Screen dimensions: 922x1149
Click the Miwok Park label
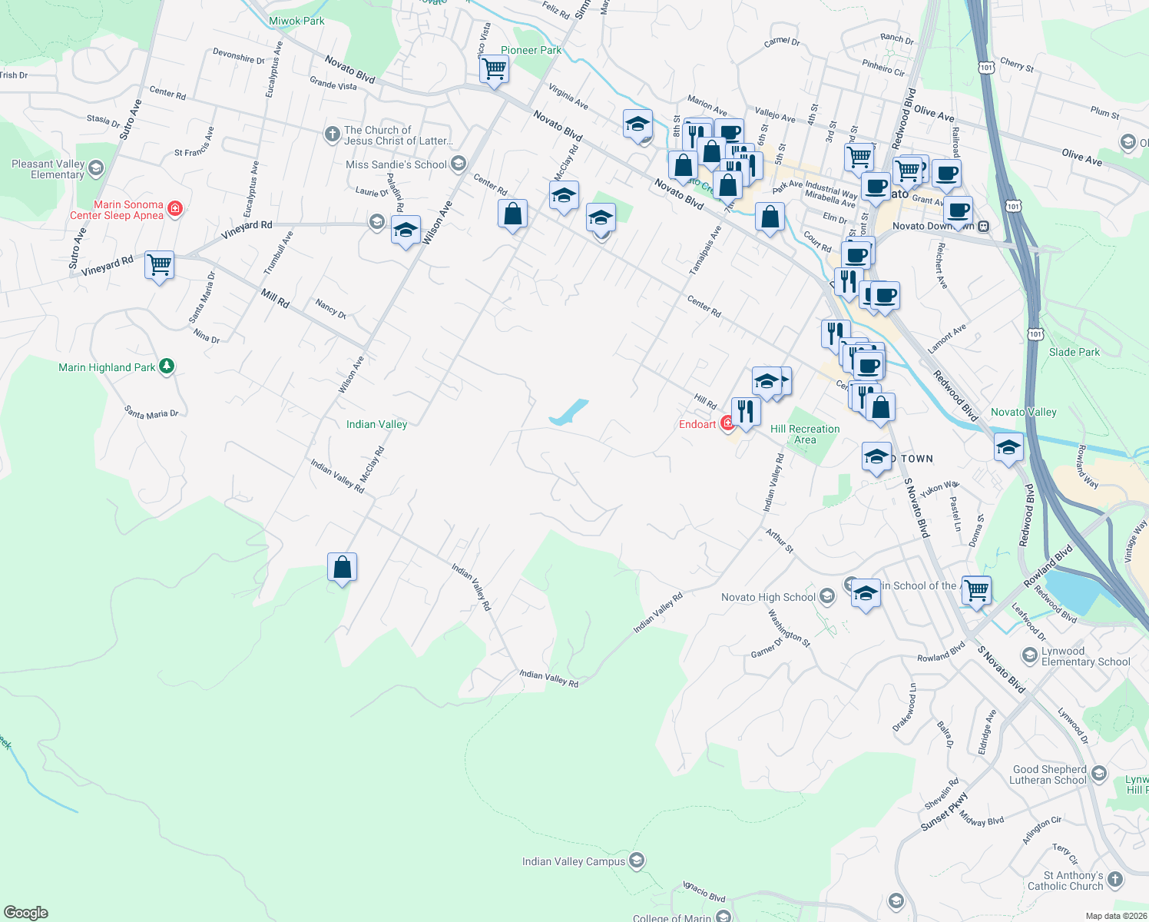[x=296, y=21]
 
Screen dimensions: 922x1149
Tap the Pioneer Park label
[x=531, y=50]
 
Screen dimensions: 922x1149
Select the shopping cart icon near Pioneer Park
[x=494, y=69]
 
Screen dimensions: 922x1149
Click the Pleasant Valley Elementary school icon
[x=96, y=168]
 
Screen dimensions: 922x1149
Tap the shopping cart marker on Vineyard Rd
[x=159, y=265]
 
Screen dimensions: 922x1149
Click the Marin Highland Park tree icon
[x=167, y=366]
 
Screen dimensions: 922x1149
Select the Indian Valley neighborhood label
[x=376, y=424]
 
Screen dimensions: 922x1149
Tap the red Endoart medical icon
[x=727, y=423]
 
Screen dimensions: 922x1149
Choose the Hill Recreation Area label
[x=805, y=434]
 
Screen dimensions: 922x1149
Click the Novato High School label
[x=768, y=597]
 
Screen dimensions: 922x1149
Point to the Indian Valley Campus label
[x=574, y=861]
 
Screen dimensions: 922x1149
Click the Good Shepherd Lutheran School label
[x=1049, y=774]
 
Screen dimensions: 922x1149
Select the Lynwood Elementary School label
[x=1085, y=656]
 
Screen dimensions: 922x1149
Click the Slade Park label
[x=1074, y=352]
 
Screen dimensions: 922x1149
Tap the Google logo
[x=25, y=912]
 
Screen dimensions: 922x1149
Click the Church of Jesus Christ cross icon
[x=332, y=135]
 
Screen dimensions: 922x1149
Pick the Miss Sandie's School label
[x=396, y=164]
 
